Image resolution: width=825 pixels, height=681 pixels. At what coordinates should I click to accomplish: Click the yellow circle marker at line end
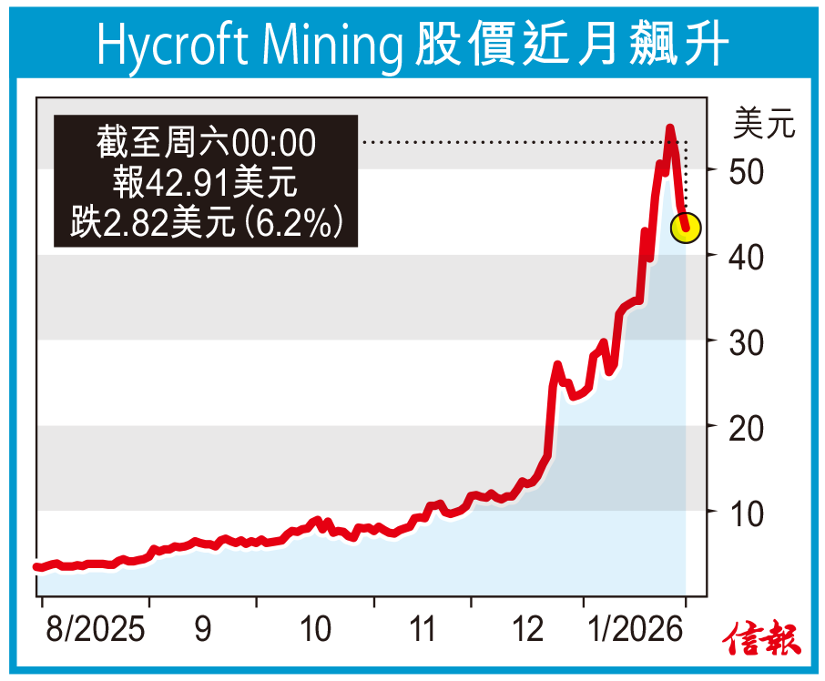pyautogui.click(x=686, y=228)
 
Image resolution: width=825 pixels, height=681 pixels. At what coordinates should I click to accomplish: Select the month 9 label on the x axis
pyautogui.click(x=202, y=630)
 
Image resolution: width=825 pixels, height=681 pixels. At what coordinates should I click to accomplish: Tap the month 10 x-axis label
pyautogui.click(x=315, y=630)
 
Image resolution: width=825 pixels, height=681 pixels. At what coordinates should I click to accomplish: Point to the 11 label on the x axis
pyautogui.click(x=421, y=630)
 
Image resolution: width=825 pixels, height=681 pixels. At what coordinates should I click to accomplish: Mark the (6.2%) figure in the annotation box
pyautogui.click(x=298, y=221)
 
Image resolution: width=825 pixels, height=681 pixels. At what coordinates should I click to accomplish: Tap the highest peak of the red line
pyautogui.click(x=669, y=128)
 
